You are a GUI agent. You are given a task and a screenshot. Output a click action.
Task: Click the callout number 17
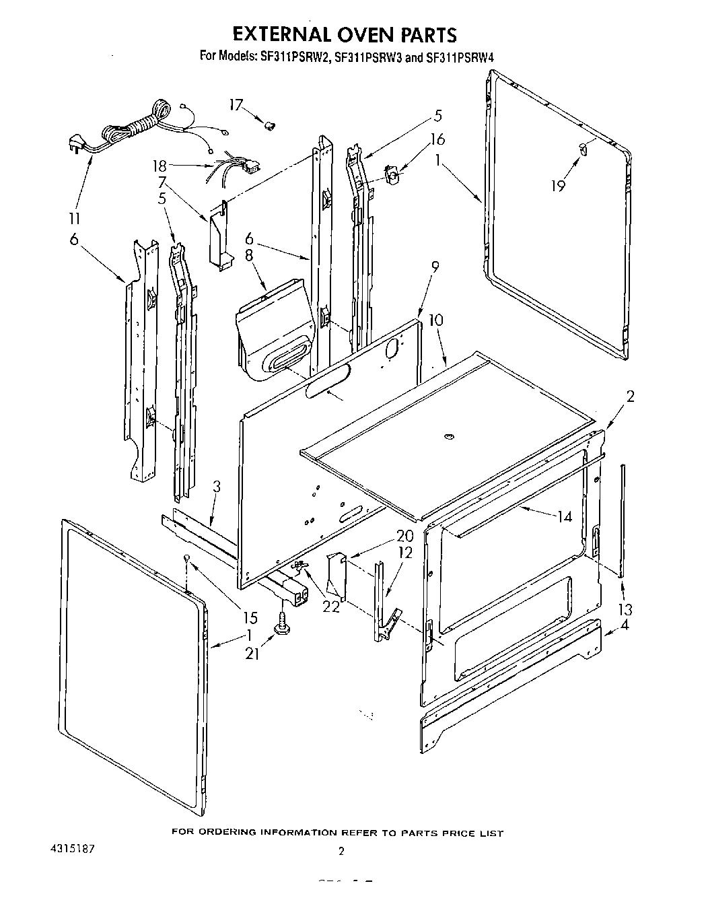[x=236, y=105]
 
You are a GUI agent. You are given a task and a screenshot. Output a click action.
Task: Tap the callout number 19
[x=558, y=186]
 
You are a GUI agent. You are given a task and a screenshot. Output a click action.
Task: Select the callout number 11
[x=74, y=218]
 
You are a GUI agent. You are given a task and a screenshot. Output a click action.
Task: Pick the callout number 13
[x=625, y=610]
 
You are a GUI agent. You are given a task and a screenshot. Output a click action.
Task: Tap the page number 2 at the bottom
[x=341, y=852]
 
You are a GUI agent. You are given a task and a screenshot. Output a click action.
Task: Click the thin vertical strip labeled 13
[x=622, y=518]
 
